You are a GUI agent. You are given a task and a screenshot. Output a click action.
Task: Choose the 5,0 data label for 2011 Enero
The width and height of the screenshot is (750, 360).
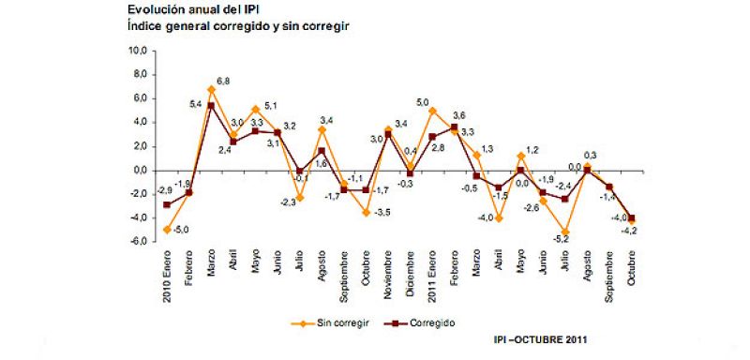tap(422, 102)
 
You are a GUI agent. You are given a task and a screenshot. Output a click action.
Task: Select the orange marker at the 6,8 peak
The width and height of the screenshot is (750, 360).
tap(212, 90)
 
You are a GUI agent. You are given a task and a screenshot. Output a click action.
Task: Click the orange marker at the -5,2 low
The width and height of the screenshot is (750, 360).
tap(566, 232)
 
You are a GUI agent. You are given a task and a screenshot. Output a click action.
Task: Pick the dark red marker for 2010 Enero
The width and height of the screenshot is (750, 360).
tap(168, 204)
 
